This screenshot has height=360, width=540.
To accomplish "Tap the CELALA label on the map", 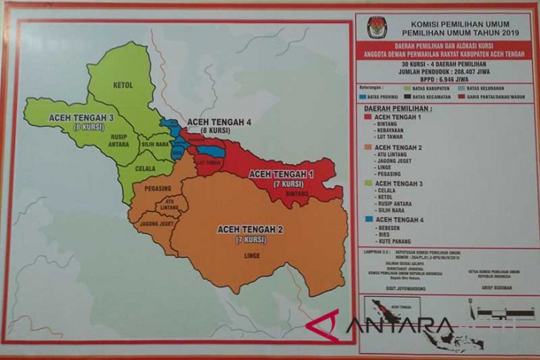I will coord(145,167).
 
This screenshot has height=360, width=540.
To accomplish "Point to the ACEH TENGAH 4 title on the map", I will coord(219,122).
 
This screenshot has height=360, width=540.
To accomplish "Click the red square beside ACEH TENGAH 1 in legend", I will coord(368,118).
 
